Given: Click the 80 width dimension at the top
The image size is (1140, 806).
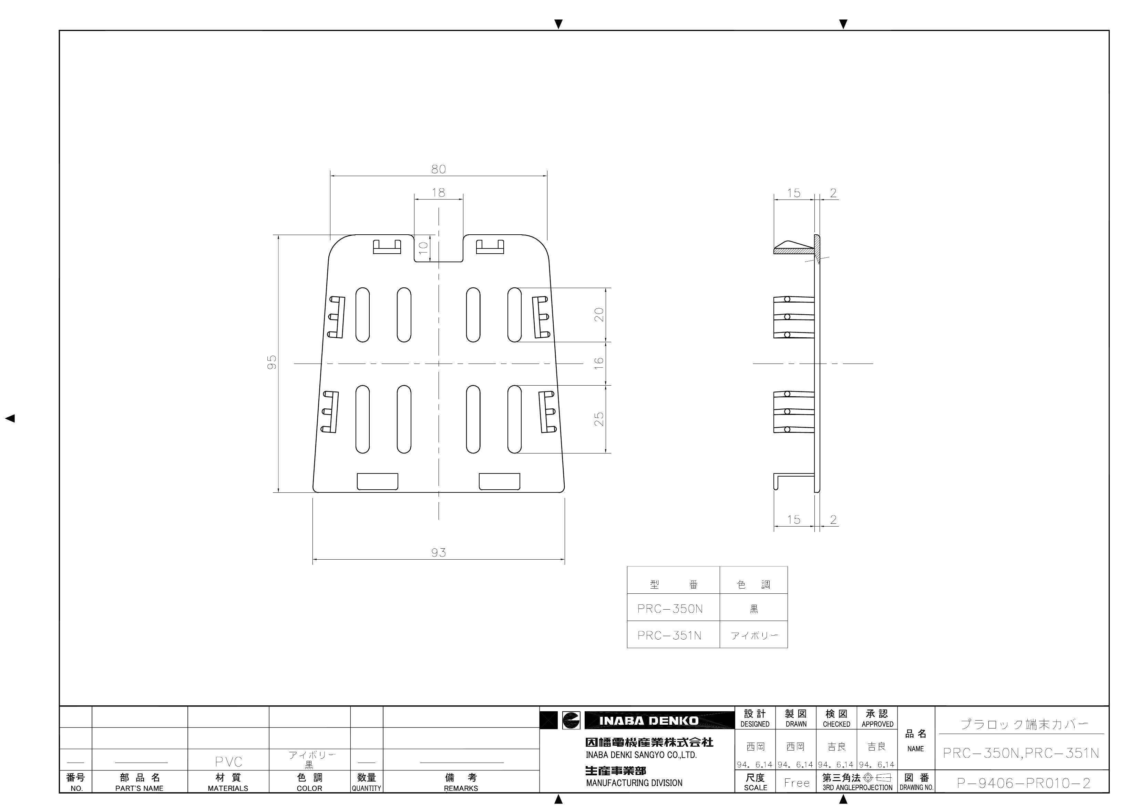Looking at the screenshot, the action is tap(439, 169).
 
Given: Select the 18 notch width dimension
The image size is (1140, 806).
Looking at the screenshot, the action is tap(439, 193).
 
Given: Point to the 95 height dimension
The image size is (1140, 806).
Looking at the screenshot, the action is tap(271, 362).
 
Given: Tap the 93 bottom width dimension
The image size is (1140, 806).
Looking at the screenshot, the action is tap(439, 553).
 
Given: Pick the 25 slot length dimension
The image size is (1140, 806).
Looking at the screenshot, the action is tap(599, 419).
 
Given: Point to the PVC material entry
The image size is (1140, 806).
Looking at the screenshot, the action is tap(229, 762).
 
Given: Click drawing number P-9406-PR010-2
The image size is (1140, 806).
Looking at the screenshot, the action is tap(1023, 784).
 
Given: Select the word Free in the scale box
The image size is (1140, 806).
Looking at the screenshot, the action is tap(797, 783).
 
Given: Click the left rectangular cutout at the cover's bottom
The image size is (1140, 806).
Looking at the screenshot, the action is tap(378, 481).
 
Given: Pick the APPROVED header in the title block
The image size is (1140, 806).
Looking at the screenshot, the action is tap(877, 724).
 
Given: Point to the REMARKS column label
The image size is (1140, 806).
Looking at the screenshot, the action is tap(461, 788).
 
